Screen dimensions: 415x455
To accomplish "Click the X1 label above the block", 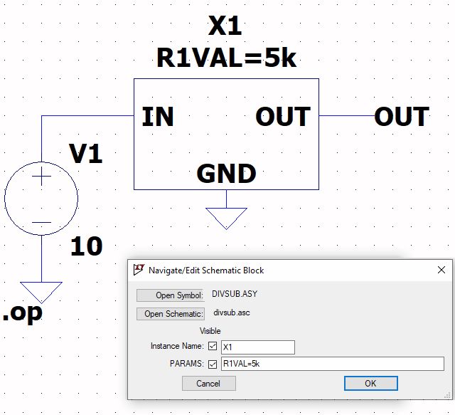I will coord(225,26).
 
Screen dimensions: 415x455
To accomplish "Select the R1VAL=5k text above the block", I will coord(226,58).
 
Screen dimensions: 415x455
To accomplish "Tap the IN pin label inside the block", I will coord(158,117).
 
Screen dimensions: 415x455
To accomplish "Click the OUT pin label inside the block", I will coord(283,117).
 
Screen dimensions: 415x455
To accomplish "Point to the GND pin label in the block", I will coord(226,174).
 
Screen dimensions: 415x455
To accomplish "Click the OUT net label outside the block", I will coord(402,117).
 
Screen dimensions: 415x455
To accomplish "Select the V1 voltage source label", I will coord(85,153).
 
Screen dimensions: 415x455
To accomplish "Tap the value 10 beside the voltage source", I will coord(86,247).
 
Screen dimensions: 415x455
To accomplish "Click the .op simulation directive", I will coord(22,313).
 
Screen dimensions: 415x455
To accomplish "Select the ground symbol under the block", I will coord(226,218).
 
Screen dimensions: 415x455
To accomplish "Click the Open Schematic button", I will coord(170,313).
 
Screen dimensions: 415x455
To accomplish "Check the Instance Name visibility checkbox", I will coord(213,347).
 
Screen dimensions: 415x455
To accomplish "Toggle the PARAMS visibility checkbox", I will coord(213,364).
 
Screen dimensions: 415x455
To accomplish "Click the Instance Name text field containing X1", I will coord(257,347).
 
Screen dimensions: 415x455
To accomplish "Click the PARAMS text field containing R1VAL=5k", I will coord(332,364).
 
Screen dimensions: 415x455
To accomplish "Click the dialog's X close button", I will coord(441,270).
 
